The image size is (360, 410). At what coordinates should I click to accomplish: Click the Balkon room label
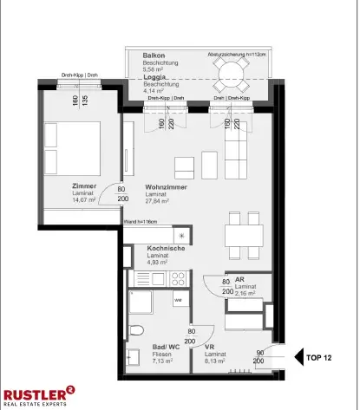click(154, 55)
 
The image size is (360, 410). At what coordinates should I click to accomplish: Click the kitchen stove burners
click(179, 278)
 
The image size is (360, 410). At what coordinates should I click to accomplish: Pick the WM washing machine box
click(178, 300)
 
